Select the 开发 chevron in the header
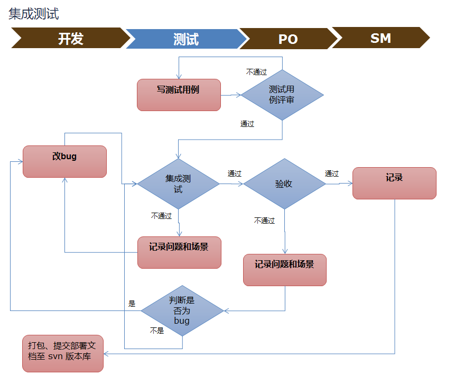tap(70, 39)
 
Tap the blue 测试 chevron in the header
tap(186, 39)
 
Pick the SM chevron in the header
tap(381, 38)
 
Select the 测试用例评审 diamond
tap(282, 95)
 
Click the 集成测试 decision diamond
tap(178, 184)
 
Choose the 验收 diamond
tap(284, 184)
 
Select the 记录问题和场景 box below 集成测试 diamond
tap(179, 252)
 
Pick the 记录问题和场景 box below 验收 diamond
tap(284, 270)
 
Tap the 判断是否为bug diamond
tap(182, 310)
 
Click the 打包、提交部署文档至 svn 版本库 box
tap(63, 353)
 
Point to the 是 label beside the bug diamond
tap(132, 304)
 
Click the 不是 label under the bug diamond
tap(157, 331)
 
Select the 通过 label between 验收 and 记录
tap(332, 173)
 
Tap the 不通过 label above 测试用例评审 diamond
tap(256, 72)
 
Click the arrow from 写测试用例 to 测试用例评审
tap(231, 95)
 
